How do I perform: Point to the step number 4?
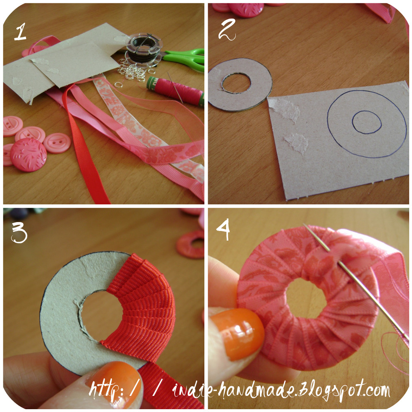tap(225, 232)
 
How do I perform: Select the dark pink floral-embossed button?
tap(28, 155)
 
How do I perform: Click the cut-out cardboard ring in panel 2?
tap(240, 85)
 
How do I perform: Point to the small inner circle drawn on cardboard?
tap(367, 122)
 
